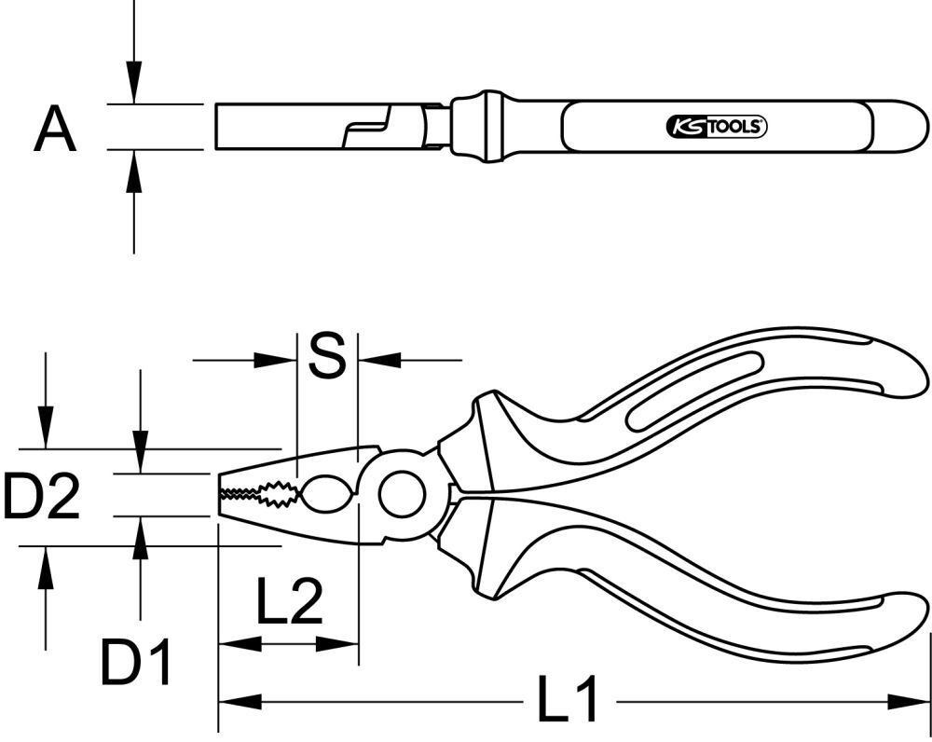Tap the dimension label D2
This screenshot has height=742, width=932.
click(x=41, y=496)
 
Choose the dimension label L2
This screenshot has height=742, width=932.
click(x=289, y=603)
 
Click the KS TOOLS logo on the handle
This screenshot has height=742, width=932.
click(x=716, y=128)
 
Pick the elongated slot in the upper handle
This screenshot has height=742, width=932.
click(x=694, y=392)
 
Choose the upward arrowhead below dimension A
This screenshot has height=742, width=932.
click(x=134, y=172)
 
